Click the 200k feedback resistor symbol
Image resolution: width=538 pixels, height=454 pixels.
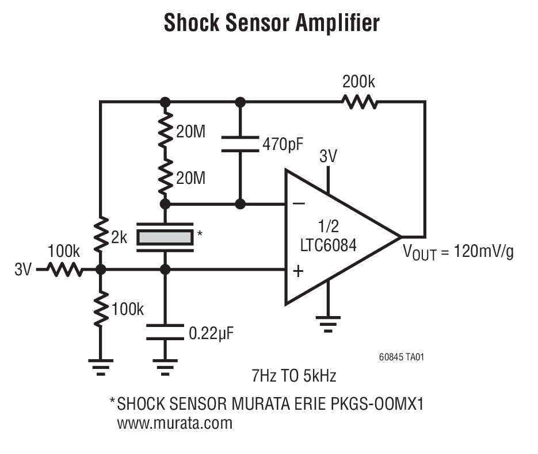coord(360,102)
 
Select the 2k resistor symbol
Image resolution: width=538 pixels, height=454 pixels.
coord(101,233)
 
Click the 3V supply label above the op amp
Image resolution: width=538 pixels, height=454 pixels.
coord(329,156)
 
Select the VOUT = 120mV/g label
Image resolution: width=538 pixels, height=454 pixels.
coord(458,251)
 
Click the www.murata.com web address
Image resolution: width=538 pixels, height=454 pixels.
coord(175,424)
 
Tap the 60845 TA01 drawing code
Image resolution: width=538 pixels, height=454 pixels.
coord(402,357)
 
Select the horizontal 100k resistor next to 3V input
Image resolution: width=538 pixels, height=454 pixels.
coord(64,269)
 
